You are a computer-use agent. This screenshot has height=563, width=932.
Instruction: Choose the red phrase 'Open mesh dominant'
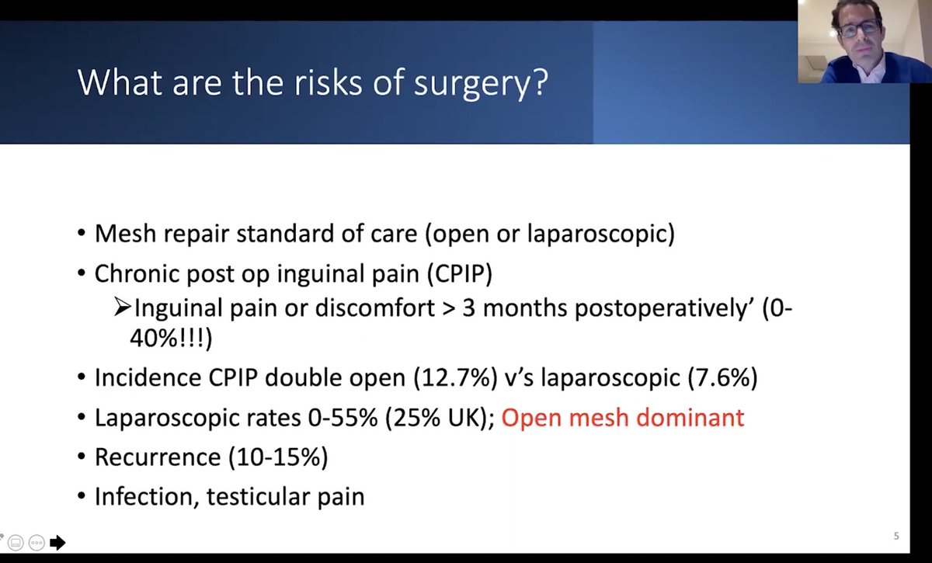click(x=622, y=418)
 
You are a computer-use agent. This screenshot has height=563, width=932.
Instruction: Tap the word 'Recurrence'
click(x=158, y=457)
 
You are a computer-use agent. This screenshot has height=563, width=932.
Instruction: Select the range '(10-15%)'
click(x=278, y=457)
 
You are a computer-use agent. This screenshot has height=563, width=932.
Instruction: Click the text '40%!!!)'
click(x=170, y=338)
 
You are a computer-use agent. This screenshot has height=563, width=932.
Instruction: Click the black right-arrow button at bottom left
click(x=57, y=542)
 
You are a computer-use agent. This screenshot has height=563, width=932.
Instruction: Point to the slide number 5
click(x=896, y=536)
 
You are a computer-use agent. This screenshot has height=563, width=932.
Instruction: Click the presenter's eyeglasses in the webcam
click(x=859, y=28)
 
